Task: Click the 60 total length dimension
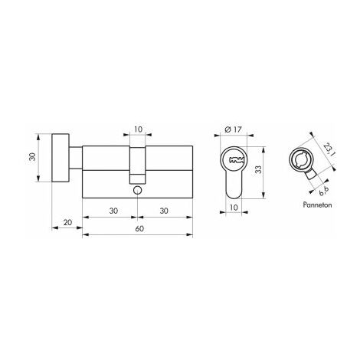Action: (x=139, y=228)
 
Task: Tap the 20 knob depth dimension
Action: (x=67, y=222)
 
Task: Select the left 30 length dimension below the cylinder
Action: (x=113, y=211)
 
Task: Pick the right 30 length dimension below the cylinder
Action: (x=164, y=211)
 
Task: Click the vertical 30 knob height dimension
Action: (x=32, y=156)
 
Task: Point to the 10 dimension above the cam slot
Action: (x=138, y=129)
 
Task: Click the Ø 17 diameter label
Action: (x=233, y=129)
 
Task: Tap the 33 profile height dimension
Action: (x=259, y=169)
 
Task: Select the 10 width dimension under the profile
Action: (x=234, y=208)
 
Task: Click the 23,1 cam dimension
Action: (x=329, y=149)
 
